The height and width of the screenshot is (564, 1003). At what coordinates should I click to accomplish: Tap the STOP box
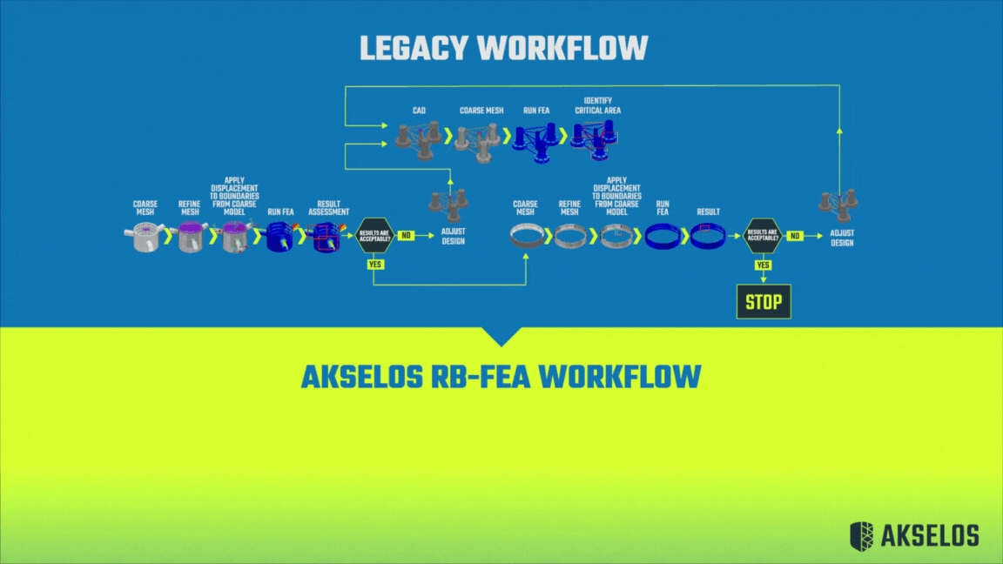(x=764, y=302)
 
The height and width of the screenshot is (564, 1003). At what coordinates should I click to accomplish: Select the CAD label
(x=419, y=111)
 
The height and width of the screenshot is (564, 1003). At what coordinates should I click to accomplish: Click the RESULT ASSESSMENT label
(x=328, y=207)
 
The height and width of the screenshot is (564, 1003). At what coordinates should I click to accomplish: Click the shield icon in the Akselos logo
(x=860, y=534)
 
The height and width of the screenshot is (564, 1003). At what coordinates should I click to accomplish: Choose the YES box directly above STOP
(x=764, y=265)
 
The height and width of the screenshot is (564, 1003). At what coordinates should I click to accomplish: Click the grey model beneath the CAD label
(x=416, y=139)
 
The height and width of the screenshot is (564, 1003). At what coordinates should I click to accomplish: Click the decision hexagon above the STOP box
(x=764, y=236)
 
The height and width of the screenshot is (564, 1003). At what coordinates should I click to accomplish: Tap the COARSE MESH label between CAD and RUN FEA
(x=481, y=111)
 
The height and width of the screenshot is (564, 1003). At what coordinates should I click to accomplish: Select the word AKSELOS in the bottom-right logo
(x=928, y=534)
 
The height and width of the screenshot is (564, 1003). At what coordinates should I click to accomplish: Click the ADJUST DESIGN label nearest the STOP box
(x=841, y=238)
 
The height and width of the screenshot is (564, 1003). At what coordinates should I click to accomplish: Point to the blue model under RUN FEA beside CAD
(x=535, y=139)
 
